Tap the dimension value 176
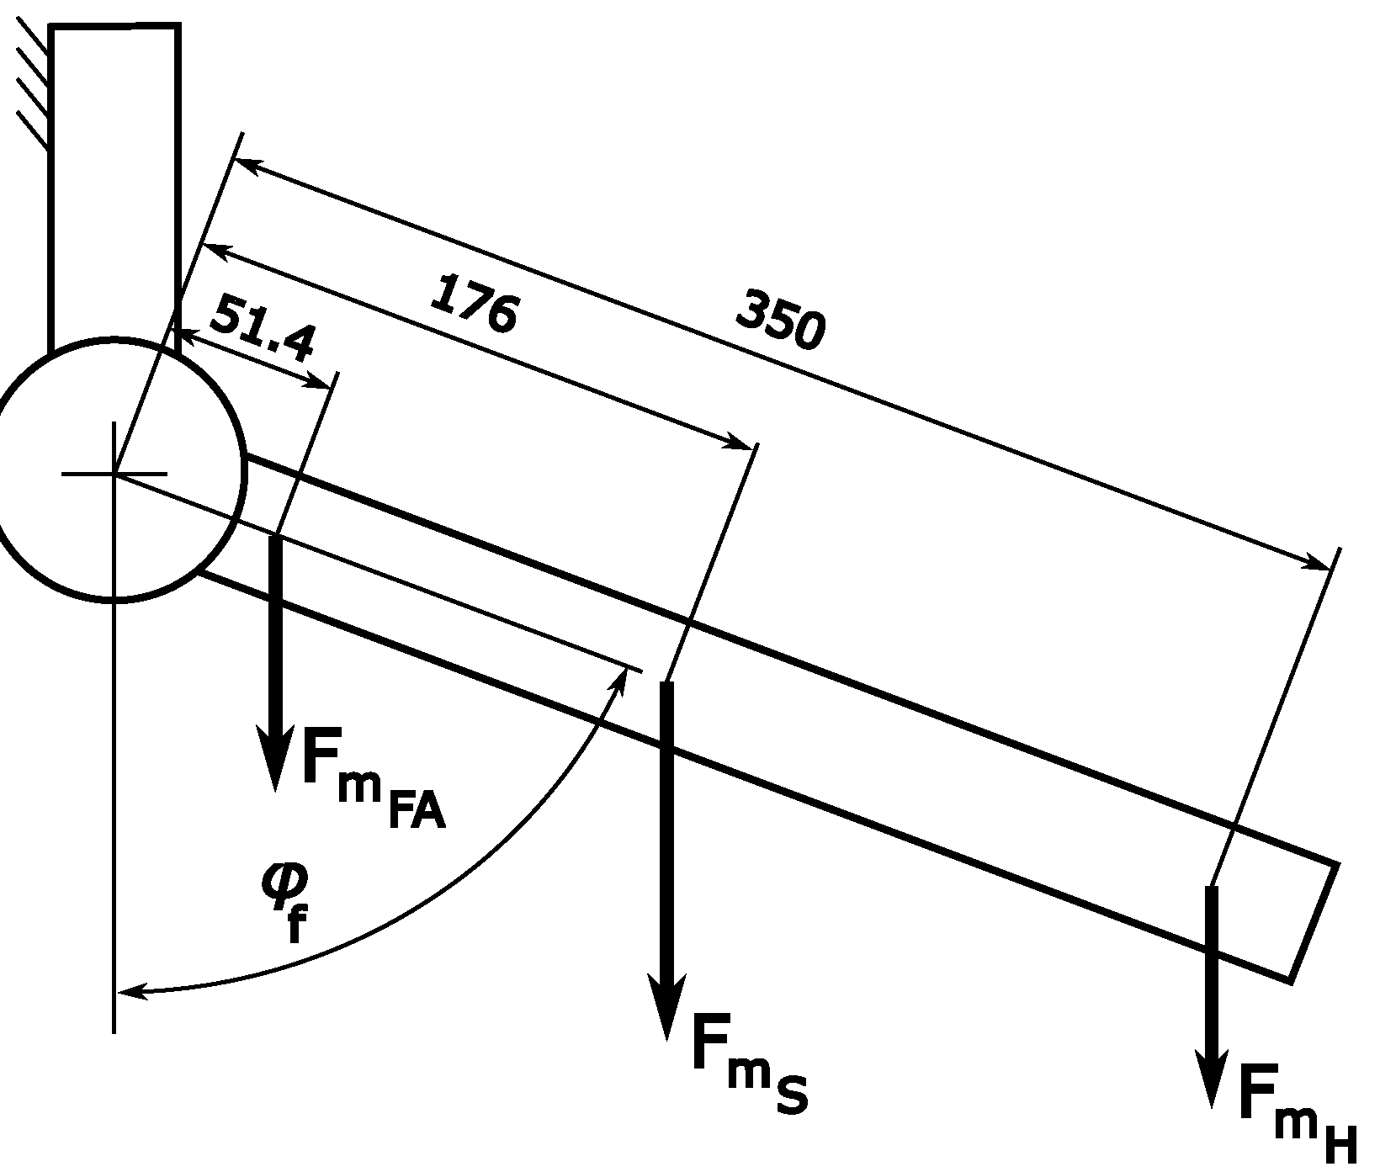474,304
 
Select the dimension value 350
780,320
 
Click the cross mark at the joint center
114,474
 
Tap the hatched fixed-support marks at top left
34,84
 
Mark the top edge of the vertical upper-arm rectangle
114,27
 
